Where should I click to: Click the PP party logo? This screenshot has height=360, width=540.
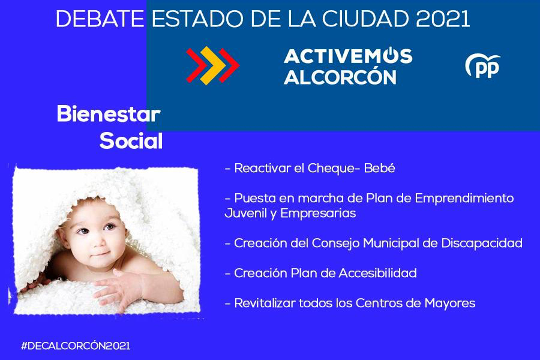click(482, 66)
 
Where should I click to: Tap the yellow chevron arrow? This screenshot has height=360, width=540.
click(213, 65)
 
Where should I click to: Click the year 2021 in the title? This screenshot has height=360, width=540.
click(443, 19)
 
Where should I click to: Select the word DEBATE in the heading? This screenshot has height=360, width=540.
click(100, 19)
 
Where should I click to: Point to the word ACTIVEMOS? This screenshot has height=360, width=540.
click(348, 55)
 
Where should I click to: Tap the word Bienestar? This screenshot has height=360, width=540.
click(109, 113)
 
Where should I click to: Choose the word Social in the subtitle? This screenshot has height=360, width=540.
click(131, 140)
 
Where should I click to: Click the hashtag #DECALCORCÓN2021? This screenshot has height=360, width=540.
click(76, 346)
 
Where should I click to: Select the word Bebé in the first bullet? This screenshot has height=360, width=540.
click(379, 168)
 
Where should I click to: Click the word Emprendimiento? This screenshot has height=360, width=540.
click(464, 199)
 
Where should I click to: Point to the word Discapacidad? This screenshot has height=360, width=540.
click(482, 243)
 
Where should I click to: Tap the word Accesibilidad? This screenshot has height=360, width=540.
click(377, 273)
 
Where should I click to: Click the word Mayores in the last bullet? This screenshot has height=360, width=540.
click(449, 304)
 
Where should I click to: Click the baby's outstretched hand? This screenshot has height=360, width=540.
click(115, 289)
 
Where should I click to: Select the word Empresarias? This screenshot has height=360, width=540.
click(318, 214)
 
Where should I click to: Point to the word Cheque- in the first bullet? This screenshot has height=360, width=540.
click(334, 169)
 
